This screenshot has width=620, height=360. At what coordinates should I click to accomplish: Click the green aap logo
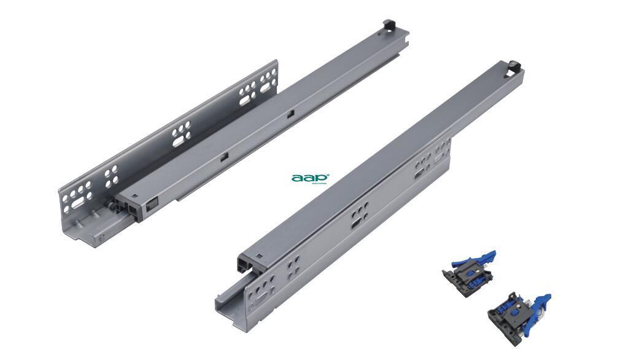point(311,178)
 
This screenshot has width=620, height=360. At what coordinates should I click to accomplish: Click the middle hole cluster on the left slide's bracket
point(181,132)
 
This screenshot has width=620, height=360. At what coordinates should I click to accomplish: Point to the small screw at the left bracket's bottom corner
point(99,236)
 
